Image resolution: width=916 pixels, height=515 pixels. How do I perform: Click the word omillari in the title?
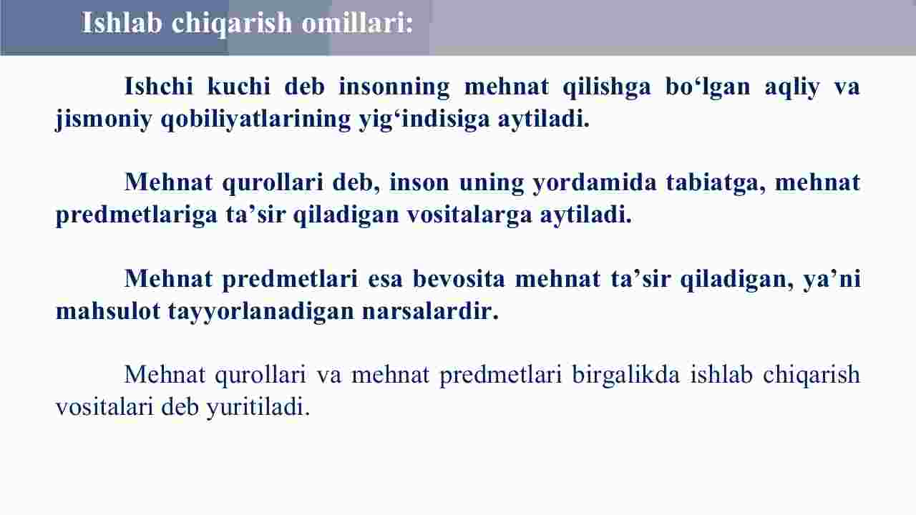357,22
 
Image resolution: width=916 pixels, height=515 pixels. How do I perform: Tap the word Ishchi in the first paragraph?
159,87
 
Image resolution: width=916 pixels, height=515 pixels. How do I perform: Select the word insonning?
394,87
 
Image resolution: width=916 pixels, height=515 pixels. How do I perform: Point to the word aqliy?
792,87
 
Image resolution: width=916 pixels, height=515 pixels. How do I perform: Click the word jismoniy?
104,120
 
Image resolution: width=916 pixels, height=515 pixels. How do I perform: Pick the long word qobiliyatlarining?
255,120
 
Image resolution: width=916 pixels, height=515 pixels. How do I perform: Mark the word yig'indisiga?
424,120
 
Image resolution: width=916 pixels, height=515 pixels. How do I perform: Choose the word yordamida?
595,182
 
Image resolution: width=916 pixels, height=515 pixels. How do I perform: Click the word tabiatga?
716,182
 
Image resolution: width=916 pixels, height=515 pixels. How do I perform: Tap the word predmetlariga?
136,215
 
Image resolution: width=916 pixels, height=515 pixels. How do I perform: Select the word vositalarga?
469,214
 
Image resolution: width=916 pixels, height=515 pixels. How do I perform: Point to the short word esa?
385,280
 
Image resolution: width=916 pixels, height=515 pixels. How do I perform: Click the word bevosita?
459,278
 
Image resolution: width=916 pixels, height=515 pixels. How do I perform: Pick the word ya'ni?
832,278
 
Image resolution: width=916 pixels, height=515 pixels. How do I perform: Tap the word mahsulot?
107,311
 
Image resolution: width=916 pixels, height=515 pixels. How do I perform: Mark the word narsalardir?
430,311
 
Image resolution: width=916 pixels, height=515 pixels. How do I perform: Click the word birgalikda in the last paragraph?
625,376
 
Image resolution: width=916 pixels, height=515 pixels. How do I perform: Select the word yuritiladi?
258,408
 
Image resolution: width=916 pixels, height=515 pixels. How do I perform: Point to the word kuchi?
239,87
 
